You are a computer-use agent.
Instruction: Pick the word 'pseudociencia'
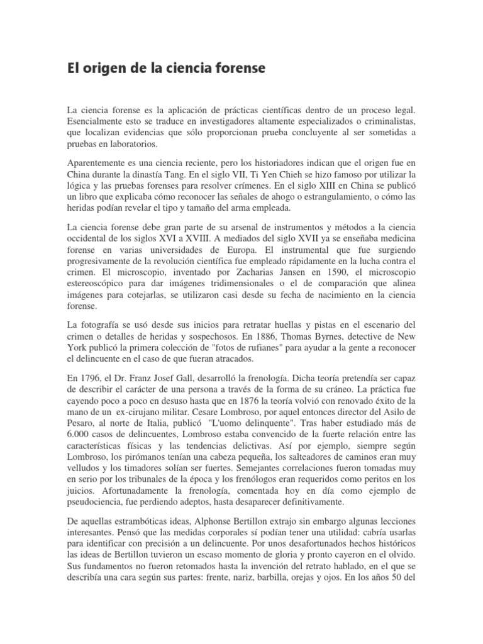pyautogui.click(x=96, y=502)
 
